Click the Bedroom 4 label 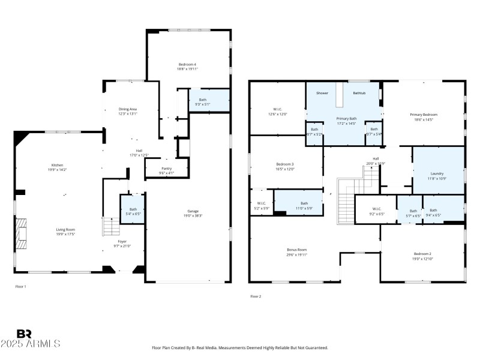click(187, 64)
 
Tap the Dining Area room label click(127, 109)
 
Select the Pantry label click(166, 169)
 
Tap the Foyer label click(122, 241)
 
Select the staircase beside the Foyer click(109, 227)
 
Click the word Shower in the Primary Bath click(322, 93)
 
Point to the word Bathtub click(359, 93)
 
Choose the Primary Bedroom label click(424, 115)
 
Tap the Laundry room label click(437, 173)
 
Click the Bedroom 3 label click(284, 164)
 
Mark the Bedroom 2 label click(422, 254)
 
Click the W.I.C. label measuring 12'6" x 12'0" click(278, 109)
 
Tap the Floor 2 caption click(256, 296)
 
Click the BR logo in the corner click(24, 334)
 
